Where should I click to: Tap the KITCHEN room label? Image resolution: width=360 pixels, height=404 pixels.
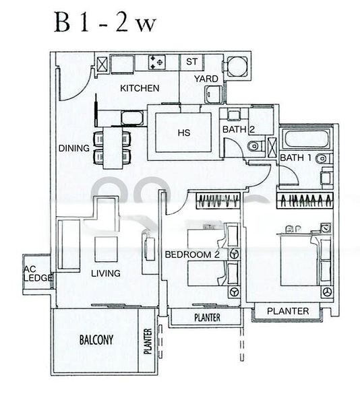[140, 88]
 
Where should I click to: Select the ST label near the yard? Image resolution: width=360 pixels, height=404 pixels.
[191, 62]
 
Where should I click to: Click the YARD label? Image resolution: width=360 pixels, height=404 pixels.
[206, 79]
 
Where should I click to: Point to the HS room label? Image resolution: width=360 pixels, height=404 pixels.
[183, 133]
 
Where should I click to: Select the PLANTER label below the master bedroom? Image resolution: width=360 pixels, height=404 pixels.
[288, 311]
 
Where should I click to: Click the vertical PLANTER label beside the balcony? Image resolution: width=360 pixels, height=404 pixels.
[148, 341]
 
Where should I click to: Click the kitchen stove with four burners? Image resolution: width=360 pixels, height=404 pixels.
[157, 63]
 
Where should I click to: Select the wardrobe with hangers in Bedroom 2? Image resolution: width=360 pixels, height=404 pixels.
[218, 200]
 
